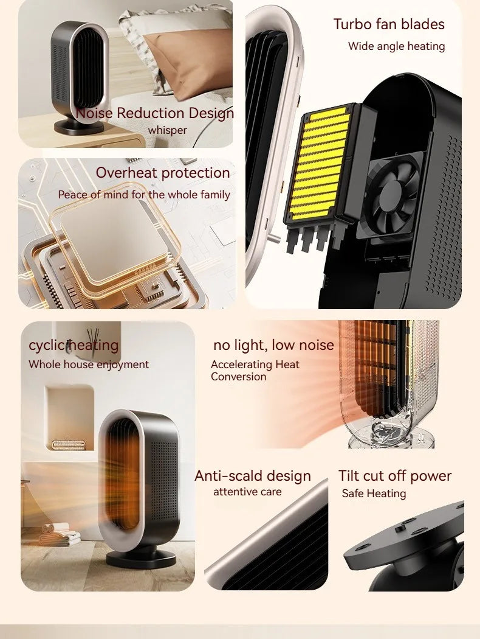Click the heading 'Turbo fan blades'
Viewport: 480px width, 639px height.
coord(389,24)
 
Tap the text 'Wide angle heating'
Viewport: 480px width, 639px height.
coord(396,46)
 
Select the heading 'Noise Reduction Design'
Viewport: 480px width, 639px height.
coord(155,113)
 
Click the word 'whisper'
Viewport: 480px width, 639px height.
coord(168,130)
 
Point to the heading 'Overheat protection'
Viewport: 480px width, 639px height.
coord(163,173)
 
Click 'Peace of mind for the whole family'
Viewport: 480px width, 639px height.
coord(144,195)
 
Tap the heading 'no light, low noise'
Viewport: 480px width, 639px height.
coord(273,345)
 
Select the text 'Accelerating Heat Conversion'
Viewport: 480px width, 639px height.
coord(255,371)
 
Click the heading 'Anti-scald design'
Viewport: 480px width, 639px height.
coord(253,476)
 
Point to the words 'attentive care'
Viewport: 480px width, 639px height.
coord(247,492)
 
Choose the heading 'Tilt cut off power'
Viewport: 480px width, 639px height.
coord(395,476)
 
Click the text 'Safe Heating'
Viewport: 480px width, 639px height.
coord(374,494)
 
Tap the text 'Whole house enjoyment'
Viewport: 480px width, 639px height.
coord(89,365)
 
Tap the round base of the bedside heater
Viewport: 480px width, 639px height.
coord(80,127)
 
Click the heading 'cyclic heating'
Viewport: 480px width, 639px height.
coord(74,345)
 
